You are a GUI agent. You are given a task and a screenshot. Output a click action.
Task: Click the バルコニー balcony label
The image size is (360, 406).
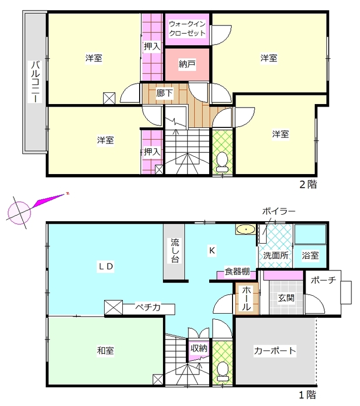pyautogui.click(x=36, y=82)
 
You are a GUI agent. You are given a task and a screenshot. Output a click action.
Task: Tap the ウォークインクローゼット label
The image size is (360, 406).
pyautogui.click(x=187, y=28)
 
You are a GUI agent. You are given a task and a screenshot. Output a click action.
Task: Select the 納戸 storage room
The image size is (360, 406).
pyautogui.click(x=187, y=64)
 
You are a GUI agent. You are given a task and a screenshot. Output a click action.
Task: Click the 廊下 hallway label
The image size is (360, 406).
pyautogui.click(x=165, y=93)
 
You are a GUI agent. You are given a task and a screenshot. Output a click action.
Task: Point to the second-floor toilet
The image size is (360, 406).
pyautogui.click(x=222, y=162)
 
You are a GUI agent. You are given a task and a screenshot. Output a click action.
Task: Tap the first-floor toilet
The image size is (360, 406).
pyautogui.click(x=222, y=371)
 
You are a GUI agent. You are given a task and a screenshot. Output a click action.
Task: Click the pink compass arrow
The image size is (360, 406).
pyautogui.click(x=49, y=200)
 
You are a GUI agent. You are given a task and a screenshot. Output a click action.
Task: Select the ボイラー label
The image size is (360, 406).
pyautogui.click(x=279, y=211)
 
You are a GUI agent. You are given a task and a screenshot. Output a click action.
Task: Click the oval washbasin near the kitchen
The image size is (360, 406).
pyautogui.click(x=246, y=229)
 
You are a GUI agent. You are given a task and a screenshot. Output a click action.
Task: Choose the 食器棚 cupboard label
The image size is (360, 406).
pyautogui.click(x=237, y=272)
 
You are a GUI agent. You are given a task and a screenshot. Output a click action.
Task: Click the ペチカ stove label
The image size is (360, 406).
pyautogui.click(x=148, y=308)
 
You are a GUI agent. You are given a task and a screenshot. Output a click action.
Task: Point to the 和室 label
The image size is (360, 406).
pyautogui.click(x=106, y=351)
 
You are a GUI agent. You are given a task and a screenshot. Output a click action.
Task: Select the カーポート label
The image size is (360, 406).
pyautogui.click(x=275, y=351)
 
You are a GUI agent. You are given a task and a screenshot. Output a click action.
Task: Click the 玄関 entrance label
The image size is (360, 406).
pyautogui.click(x=286, y=298)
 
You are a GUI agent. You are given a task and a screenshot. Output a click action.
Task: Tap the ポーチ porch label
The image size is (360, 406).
pyautogui.click(x=323, y=280)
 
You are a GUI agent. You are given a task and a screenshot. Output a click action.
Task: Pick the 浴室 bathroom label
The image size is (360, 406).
pyautogui.click(x=310, y=256)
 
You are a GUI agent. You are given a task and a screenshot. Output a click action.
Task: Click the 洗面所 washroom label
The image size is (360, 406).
pyautogui.click(x=276, y=256)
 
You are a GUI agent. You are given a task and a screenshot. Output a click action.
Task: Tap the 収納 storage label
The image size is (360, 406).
pyautogui.click(x=199, y=348)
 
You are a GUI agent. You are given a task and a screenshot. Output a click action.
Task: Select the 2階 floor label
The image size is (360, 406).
pyautogui.click(x=308, y=184)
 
